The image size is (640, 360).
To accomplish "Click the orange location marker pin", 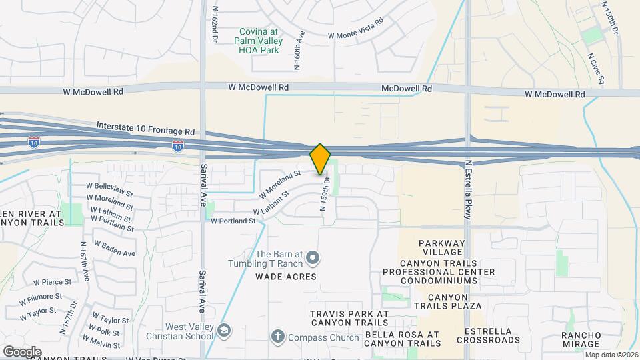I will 320,159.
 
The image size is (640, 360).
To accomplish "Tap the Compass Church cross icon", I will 278,337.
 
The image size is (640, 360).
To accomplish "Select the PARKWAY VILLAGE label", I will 441,247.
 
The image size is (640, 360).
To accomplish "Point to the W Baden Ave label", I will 114,249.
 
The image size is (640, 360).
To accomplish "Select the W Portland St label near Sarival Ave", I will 233,221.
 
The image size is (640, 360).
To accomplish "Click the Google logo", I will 22,351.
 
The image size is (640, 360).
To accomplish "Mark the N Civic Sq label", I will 596,68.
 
